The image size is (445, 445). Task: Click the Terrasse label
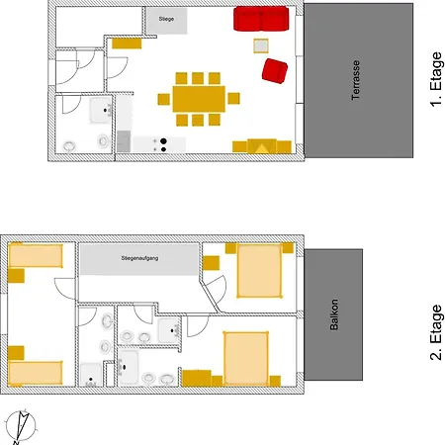coord(355,80)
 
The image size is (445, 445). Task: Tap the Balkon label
coord(334,314)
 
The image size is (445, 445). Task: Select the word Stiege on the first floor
coord(166,19)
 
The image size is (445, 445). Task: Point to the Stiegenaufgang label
coord(139,258)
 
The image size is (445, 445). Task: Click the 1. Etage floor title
coord(436,79)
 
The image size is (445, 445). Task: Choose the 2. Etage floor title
coord(436,332)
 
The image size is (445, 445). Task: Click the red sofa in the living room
coord(261,19)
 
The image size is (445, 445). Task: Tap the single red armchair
coord(275,71)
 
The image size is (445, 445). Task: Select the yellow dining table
coord(199,99)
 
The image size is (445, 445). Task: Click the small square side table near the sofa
coord(261,45)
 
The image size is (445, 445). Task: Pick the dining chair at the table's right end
coord(233,98)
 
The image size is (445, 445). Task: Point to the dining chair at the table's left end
coord(164,99)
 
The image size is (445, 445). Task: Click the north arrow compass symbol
coord(21,427)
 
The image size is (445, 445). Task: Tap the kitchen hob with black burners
coord(159,144)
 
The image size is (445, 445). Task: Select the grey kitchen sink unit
coord(124,141)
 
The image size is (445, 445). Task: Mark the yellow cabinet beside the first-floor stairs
coord(127,44)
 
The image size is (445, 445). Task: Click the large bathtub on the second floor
coord(129,367)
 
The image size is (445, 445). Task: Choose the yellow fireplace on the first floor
coord(262,146)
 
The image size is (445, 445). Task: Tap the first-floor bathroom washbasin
coord(101,111)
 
